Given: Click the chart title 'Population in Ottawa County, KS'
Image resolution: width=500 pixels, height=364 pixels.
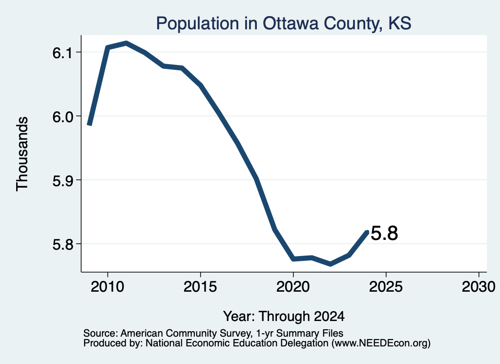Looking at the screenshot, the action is click(x=284, y=23).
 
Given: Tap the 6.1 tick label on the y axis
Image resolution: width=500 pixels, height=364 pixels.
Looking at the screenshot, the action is click(x=63, y=53).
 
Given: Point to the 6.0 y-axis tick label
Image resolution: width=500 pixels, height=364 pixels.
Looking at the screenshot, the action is click(x=63, y=117).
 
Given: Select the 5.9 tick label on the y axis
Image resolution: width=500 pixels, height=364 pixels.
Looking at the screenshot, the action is click(x=63, y=181).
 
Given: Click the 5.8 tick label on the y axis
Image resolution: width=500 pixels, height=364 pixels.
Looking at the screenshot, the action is click(x=63, y=245).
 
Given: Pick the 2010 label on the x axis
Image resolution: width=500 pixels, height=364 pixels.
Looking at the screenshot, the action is click(x=107, y=286).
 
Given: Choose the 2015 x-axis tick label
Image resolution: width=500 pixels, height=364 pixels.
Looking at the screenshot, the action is click(x=200, y=286).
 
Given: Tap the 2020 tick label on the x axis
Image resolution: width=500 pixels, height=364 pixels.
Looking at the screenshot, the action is click(x=293, y=286).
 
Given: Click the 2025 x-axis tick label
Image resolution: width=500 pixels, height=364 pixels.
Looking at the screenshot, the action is click(x=386, y=286).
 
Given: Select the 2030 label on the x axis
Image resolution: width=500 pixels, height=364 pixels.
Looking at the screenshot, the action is click(x=479, y=286).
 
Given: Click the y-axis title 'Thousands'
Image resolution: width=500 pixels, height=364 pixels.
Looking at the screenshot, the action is click(x=22, y=154).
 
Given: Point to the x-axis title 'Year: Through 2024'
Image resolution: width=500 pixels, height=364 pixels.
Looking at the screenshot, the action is click(x=284, y=317).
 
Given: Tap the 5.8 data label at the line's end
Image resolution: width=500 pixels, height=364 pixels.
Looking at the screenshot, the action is click(x=385, y=233).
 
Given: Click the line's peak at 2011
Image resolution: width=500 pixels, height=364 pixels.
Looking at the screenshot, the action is click(x=126, y=43).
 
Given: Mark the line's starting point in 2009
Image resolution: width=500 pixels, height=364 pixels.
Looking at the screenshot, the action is click(x=90, y=125).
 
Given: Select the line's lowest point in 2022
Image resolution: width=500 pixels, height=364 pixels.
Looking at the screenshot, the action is click(x=331, y=264).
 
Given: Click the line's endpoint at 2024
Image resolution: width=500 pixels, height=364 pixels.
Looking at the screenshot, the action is click(x=367, y=232).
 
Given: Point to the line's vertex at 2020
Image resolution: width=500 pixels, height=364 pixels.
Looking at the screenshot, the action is click(x=293, y=259).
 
